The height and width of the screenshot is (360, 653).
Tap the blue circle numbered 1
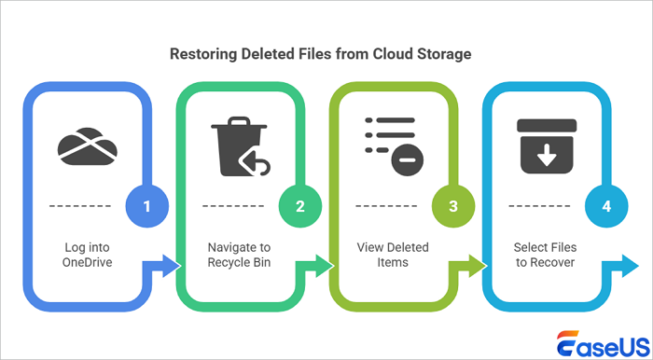click(147, 205)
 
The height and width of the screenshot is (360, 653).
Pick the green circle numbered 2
click(300, 205)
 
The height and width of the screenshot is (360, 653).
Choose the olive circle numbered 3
click(453, 205)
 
